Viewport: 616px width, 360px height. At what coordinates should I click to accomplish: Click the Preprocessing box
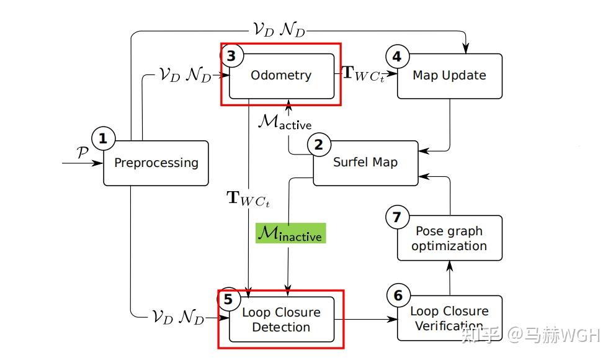point(156,163)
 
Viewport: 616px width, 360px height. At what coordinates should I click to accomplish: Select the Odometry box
point(282,76)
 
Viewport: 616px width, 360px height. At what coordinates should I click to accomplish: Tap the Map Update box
point(450,76)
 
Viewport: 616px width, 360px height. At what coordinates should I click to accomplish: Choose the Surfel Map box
point(366,163)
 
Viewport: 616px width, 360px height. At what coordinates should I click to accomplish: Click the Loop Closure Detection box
point(282,319)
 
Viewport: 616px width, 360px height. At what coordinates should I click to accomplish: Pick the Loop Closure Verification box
point(450,318)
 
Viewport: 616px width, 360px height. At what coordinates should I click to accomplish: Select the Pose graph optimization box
point(450,238)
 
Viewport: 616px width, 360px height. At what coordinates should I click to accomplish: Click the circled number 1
point(103,138)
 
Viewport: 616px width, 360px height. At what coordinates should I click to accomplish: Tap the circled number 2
point(319,145)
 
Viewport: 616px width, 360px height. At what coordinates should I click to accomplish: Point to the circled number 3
point(232,55)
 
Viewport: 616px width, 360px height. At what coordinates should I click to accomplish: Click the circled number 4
point(397,56)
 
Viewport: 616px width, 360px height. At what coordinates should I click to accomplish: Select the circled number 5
point(229,299)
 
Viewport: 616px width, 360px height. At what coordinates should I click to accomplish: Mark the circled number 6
point(398,295)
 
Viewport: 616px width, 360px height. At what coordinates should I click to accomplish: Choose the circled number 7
point(397,217)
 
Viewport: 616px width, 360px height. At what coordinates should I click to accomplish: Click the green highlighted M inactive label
point(291,233)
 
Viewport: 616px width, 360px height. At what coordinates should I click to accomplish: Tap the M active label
point(285,122)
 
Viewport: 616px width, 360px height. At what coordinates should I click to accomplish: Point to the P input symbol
point(83,151)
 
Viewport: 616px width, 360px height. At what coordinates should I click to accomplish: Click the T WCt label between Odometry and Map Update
point(364,73)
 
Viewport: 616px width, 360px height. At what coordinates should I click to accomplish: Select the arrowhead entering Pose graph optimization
point(450,266)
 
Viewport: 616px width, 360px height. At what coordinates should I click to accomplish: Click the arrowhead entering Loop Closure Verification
point(392,319)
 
